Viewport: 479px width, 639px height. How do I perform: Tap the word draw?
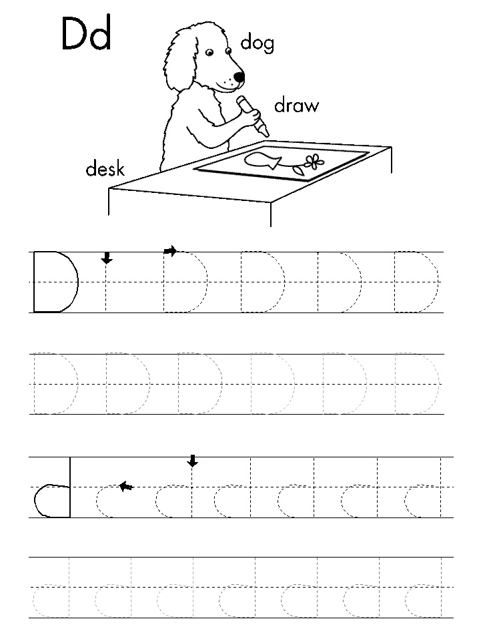point(296,105)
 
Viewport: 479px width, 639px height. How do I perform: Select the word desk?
point(105,168)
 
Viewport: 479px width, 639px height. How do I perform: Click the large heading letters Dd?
point(86,33)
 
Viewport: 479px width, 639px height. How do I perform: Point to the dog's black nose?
point(239,76)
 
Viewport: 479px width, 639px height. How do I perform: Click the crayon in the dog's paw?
point(254,116)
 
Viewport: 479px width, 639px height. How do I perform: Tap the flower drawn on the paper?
point(314,162)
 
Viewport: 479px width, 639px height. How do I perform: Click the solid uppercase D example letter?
point(55,282)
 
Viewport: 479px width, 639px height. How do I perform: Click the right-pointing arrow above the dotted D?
point(170,250)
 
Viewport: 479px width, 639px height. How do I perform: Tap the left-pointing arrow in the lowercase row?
point(126,486)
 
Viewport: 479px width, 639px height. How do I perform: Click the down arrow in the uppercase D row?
point(106,258)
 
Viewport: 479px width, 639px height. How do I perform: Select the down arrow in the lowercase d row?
point(192,461)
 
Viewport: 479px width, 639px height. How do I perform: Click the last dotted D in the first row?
point(416,282)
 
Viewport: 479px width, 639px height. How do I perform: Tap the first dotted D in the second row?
point(55,383)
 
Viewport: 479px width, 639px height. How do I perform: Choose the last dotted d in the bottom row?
point(424,587)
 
